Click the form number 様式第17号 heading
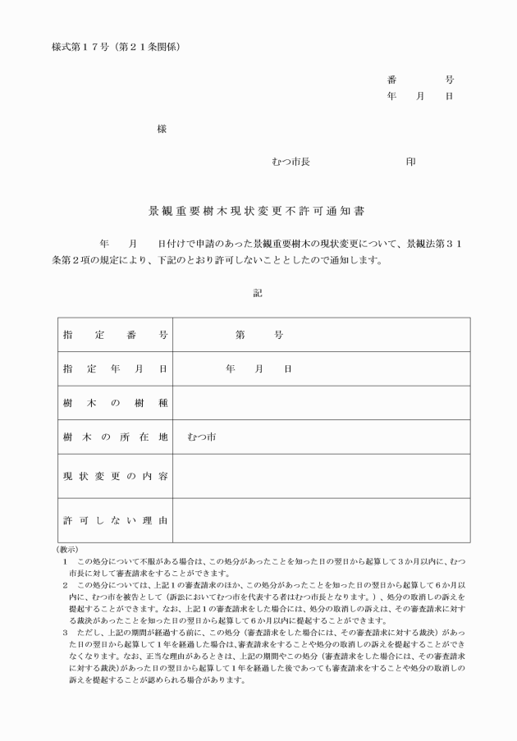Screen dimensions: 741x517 (116, 46)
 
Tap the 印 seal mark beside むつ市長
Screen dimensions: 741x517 (410, 162)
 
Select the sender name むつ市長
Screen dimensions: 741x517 (291, 162)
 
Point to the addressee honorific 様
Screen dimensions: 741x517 (162, 130)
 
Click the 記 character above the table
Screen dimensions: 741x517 (258, 293)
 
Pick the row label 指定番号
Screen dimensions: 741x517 (115, 335)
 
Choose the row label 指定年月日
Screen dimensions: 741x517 (115, 369)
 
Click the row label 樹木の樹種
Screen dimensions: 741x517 (115, 403)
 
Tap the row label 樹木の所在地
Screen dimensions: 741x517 (115, 437)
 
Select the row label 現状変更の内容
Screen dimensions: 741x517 (115, 476)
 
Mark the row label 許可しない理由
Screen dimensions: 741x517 (115, 520)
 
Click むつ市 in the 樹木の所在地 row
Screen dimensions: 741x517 (201, 437)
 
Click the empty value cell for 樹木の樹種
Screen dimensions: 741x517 (321, 403)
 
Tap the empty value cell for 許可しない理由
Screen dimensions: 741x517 (321, 520)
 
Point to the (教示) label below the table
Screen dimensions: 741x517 (67, 549)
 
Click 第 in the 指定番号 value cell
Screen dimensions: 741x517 (240, 335)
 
